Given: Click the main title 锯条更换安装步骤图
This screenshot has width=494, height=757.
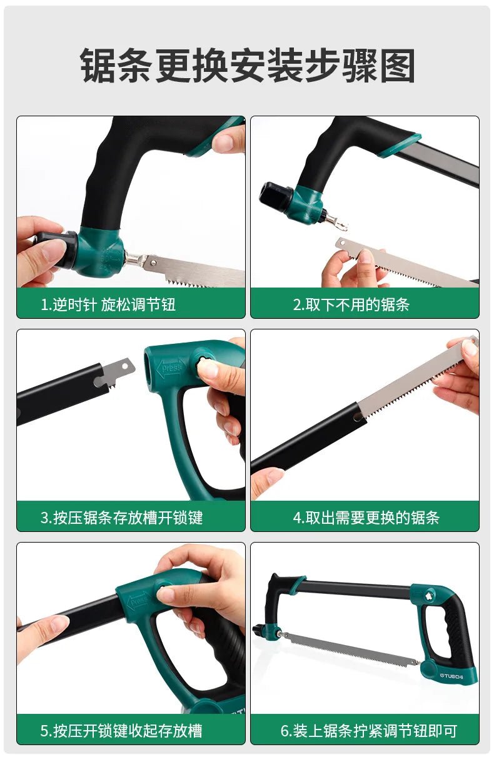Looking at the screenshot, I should (x=248, y=66).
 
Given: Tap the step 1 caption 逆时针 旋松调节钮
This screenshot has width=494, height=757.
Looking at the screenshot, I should (x=108, y=304).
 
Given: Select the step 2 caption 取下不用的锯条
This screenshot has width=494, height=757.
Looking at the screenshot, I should (x=351, y=304).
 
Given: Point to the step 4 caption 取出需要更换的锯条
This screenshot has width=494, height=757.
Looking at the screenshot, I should (x=366, y=518).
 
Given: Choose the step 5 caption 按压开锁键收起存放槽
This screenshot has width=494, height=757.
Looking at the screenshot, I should (x=121, y=730).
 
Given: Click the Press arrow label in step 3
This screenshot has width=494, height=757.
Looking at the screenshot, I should (x=171, y=368).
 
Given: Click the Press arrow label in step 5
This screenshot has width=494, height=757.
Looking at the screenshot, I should (x=138, y=601).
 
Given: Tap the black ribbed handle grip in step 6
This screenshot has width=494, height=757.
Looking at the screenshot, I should (x=455, y=631).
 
